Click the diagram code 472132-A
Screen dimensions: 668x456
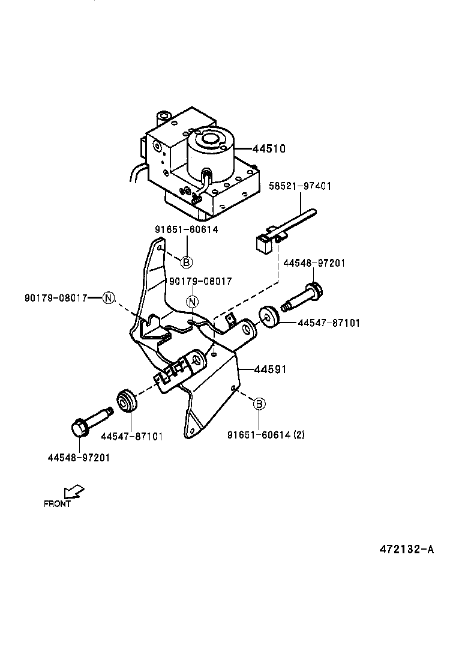pyautogui.click(x=406, y=549)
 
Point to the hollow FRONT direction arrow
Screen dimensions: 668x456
pyautogui.click(x=74, y=492)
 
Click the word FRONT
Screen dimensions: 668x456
pyautogui.click(x=58, y=504)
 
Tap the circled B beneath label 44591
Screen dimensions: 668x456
pyautogui.click(x=259, y=404)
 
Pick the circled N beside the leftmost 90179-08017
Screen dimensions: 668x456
pyautogui.click(x=108, y=298)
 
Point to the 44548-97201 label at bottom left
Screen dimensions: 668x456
pyautogui.click(x=78, y=457)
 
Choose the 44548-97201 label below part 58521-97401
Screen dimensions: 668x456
pyautogui.click(x=314, y=263)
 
